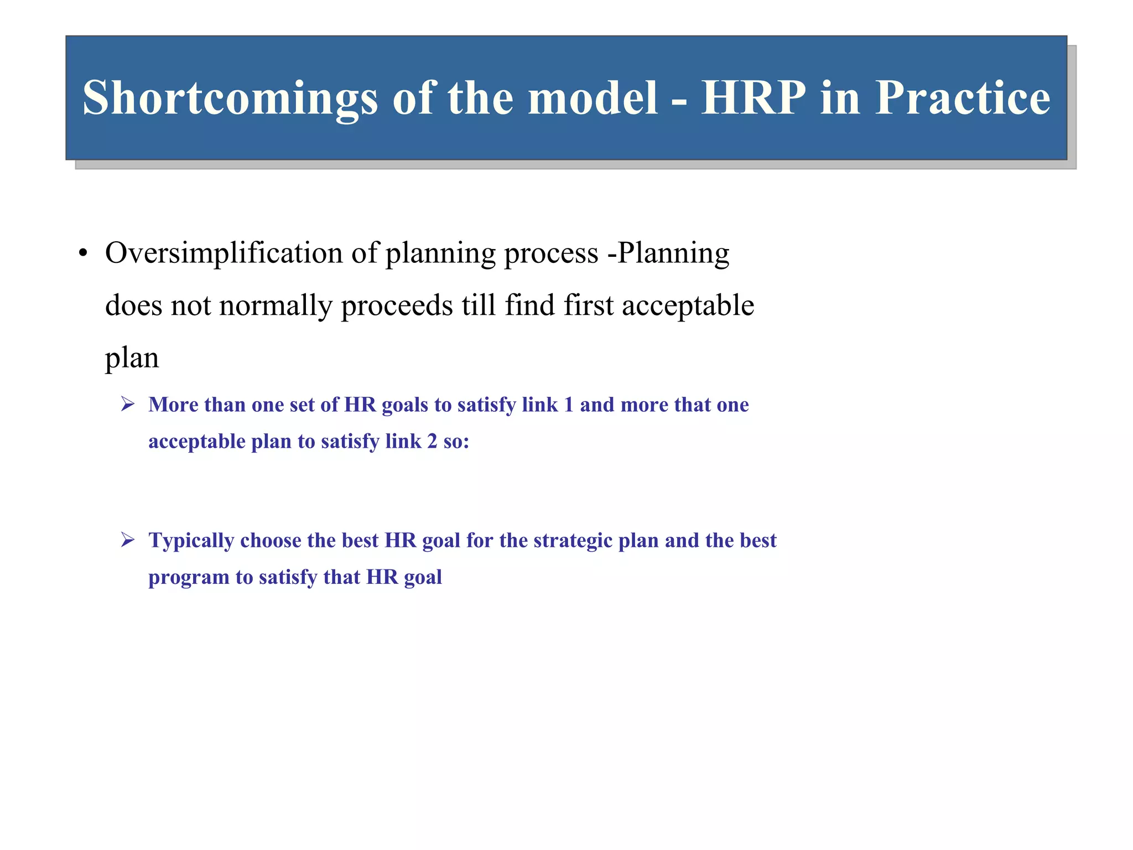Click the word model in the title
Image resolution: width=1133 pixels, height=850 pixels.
[x=593, y=97]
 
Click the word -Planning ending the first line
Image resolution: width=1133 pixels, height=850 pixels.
[x=668, y=253]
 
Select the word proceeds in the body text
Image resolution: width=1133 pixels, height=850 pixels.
[x=397, y=306]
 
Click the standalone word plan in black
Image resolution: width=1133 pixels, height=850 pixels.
[x=132, y=358]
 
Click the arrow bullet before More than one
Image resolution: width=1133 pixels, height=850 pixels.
[x=128, y=405]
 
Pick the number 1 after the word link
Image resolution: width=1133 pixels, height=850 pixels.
[x=568, y=405]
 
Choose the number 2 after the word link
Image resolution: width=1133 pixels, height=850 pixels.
[x=432, y=442]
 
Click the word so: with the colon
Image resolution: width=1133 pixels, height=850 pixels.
[x=456, y=442]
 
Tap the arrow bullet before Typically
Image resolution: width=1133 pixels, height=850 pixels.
[x=128, y=540]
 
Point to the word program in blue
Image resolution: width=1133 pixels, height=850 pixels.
[x=189, y=578]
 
